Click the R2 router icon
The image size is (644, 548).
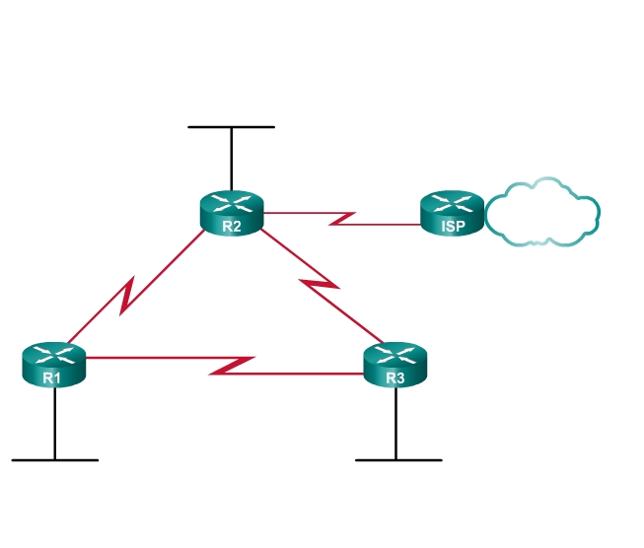[232, 213]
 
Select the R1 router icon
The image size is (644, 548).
[54, 365]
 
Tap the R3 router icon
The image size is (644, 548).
[395, 365]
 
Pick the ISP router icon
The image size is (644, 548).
[453, 213]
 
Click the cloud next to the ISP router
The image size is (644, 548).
[542, 212]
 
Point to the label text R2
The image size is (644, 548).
[232, 226]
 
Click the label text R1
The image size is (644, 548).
[53, 377]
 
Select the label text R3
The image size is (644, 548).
[395, 377]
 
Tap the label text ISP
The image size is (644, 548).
[453, 226]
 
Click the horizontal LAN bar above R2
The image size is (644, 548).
[232, 127]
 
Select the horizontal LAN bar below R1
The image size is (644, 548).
[55, 459]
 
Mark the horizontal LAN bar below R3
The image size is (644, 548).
[397, 459]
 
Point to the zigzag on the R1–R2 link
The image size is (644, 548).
[127, 297]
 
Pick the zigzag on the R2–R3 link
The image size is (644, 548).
[320, 286]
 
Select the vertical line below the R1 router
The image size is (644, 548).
[54, 424]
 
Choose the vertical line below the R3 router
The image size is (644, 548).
[395, 424]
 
